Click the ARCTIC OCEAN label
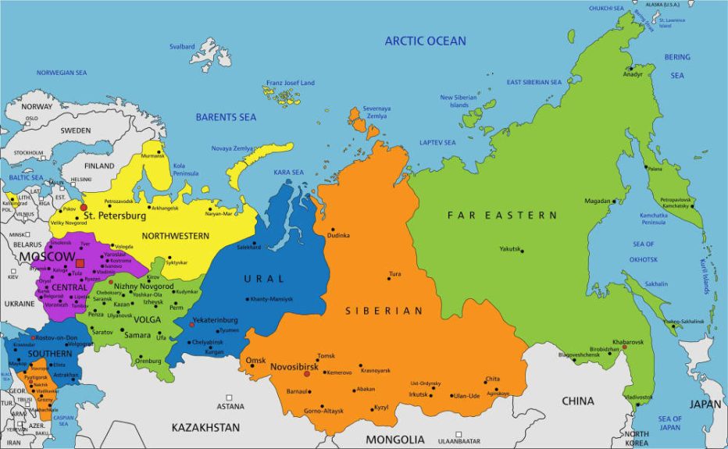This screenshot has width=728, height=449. point(425,41)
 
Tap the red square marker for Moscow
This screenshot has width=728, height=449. point(80,264)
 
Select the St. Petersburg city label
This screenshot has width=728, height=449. point(115,215)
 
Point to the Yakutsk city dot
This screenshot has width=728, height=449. point(522,250)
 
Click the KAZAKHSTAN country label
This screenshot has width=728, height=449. point(205,428)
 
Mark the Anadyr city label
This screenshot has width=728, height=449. point(633,74)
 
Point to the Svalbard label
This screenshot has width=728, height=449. point(182,47)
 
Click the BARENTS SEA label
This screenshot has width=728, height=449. point(226,117)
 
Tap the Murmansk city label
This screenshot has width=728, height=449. point(153,155)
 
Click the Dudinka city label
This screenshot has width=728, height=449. point(339,235)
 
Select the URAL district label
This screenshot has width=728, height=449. point(259,279)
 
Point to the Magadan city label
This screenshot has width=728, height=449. point(597,201)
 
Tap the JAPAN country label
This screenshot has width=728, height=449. point(705,404)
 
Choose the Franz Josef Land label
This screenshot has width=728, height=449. point(290,83)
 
